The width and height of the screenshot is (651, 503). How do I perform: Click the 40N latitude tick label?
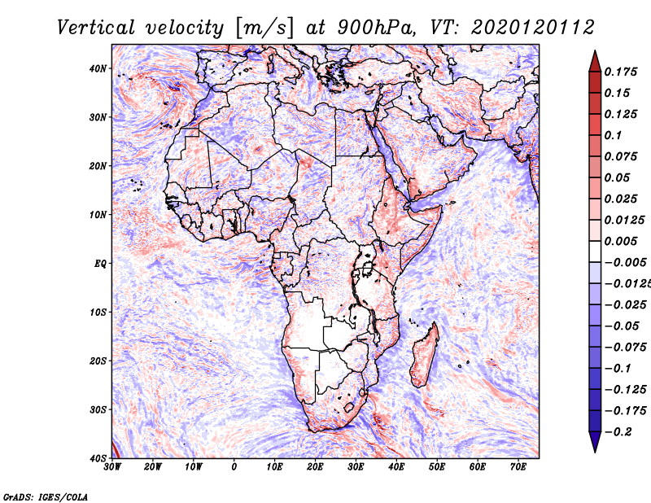click(x=98, y=68)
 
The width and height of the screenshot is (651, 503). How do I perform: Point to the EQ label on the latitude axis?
click(x=100, y=264)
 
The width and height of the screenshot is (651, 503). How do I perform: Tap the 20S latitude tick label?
click(x=98, y=361)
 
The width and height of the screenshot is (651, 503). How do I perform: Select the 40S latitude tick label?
click(x=98, y=458)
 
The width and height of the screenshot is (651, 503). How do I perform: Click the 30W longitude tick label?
click(x=112, y=467)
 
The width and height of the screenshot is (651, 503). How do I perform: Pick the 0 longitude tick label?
click(x=234, y=467)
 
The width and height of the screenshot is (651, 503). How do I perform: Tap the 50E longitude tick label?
click(x=437, y=467)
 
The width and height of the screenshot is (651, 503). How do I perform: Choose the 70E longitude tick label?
click(x=518, y=467)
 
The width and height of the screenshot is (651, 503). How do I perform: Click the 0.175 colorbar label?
click(x=621, y=72)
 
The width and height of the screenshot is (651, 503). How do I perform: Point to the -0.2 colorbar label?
click(x=618, y=432)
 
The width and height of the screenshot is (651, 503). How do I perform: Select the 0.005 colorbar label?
click(x=621, y=241)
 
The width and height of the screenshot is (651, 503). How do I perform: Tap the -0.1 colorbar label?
click(x=618, y=369)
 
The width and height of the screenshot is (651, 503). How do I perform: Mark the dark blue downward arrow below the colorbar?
click(x=595, y=440)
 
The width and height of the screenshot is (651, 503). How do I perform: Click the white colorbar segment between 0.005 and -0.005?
click(x=595, y=251)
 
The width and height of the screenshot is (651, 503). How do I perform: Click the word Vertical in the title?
click(x=96, y=28)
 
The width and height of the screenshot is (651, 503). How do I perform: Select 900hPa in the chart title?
click(x=375, y=28)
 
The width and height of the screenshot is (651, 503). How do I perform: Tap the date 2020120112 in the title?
click(x=532, y=28)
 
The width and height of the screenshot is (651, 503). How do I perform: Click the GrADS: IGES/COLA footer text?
click(x=46, y=496)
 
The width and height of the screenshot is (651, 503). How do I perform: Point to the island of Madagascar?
click(x=424, y=356)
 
